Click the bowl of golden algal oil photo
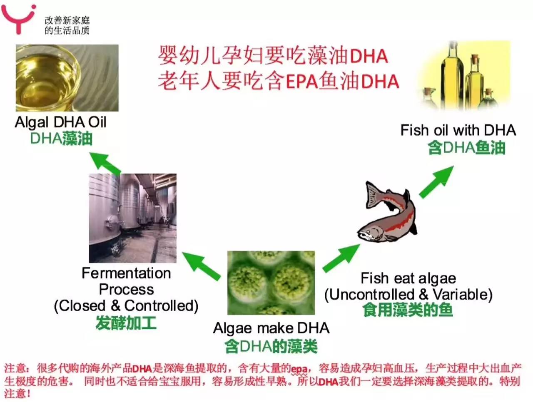tap(67, 78)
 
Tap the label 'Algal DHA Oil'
tap(61, 122)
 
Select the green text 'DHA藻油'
tap(61, 139)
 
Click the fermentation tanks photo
tap(133, 218)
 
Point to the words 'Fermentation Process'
tap(126, 281)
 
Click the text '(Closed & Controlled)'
tap(126, 306)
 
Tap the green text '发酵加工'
tap(126, 323)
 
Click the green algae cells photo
tap(271, 283)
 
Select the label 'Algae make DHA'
tap(271, 328)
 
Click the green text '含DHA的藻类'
tap(271, 346)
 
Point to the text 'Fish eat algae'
tap(408, 278)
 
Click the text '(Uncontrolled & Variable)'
tap(408, 295)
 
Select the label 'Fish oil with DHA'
tap(458, 130)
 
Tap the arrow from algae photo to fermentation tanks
tap(201, 266)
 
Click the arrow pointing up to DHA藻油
tap(105, 163)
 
